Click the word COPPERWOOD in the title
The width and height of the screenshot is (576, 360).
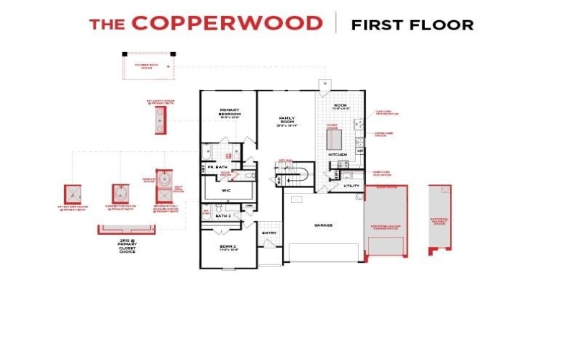pos(227,23)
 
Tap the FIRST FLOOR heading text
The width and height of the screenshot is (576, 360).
pos(412,25)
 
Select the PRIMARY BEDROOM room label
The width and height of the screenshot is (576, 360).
pos(229,114)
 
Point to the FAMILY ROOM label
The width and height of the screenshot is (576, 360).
pos(287,121)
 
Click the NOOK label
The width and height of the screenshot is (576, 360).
pos(341,106)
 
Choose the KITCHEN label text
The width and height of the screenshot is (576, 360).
pos(338,155)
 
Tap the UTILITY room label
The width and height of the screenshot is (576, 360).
pos(351,186)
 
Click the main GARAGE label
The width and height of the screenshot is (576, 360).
pos(323,225)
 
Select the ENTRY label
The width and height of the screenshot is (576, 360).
pos(269,233)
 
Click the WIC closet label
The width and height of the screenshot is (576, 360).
pos(225,191)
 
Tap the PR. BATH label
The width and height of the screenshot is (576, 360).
pos(216,168)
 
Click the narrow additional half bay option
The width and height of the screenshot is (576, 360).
pos(440,216)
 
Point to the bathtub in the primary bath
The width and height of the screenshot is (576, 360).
pos(207,152)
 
